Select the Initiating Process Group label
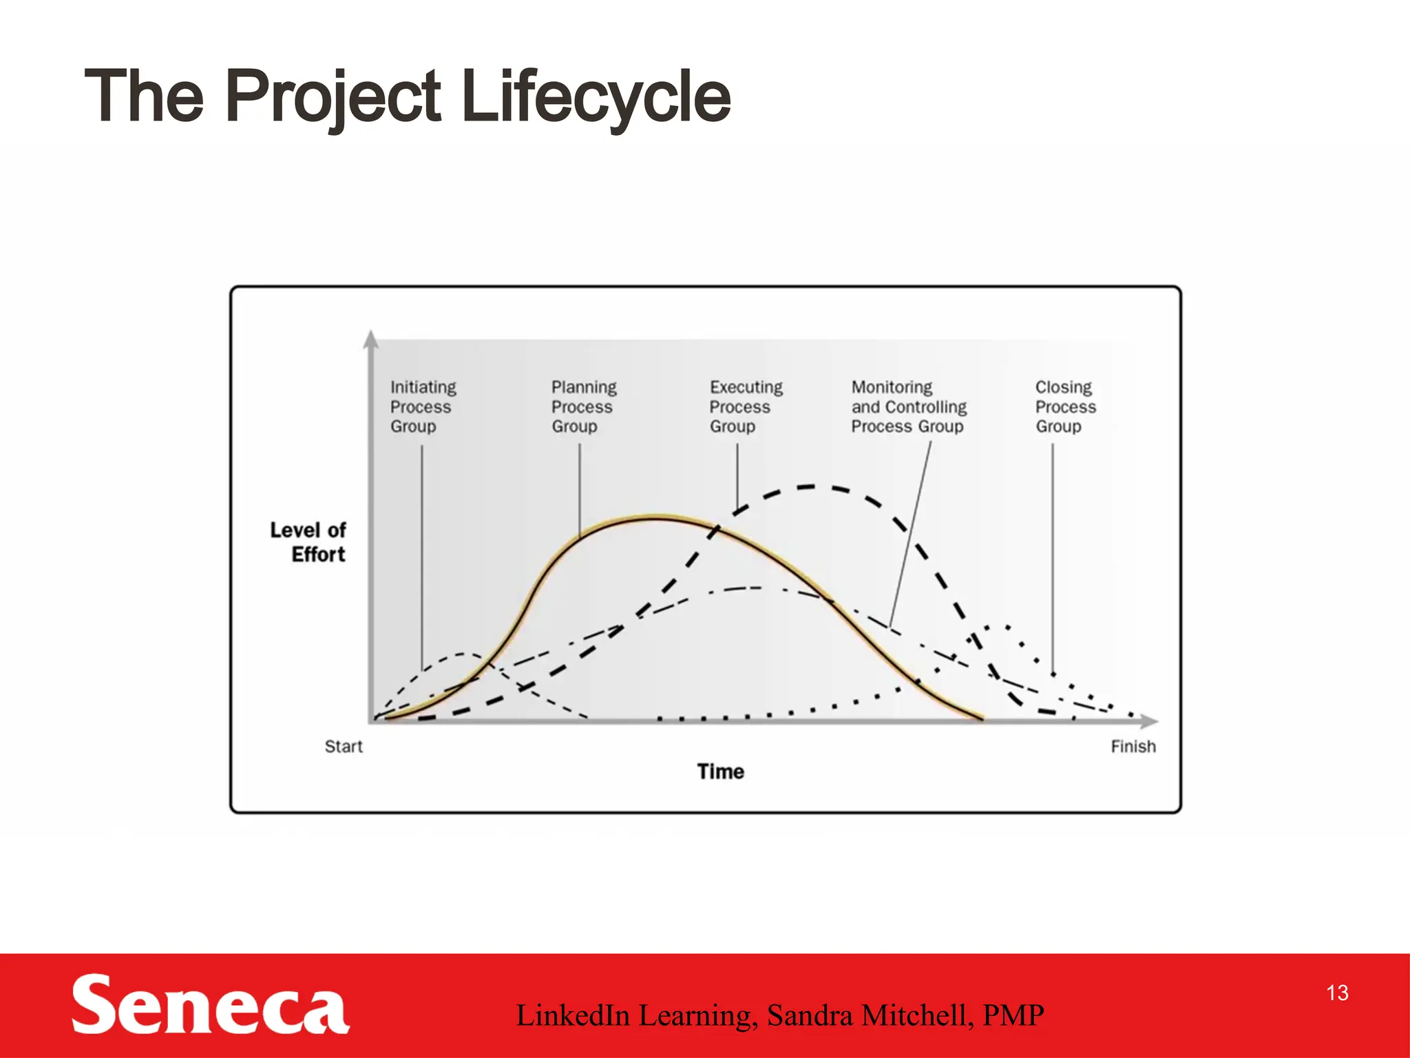click(423, 406)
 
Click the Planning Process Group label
click(583, 406)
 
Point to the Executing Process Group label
click(746, 406)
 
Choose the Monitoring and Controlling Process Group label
click(908, 406)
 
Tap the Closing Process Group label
click(1065, 406)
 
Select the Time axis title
click(720, 771)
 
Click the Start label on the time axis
click(344, 747)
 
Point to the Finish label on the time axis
click(1133, 747)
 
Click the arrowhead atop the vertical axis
click(371, 338)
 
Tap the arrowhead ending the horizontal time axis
click(1150, 721)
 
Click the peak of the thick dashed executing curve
click(809, 487)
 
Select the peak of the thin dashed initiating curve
click(463, 654)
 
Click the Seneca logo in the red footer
click(210, 1005)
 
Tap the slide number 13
click(1337, 993)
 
